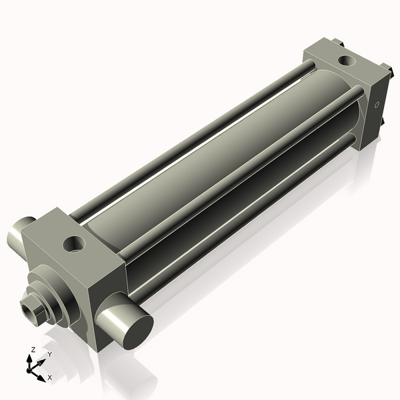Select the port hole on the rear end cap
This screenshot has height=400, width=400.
[x=347, y=61]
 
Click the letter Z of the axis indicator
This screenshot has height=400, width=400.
[x=32, y=350]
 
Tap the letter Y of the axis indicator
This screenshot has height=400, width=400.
[x=49, y=354]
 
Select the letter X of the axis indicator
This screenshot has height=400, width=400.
[x=49, y=377]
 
